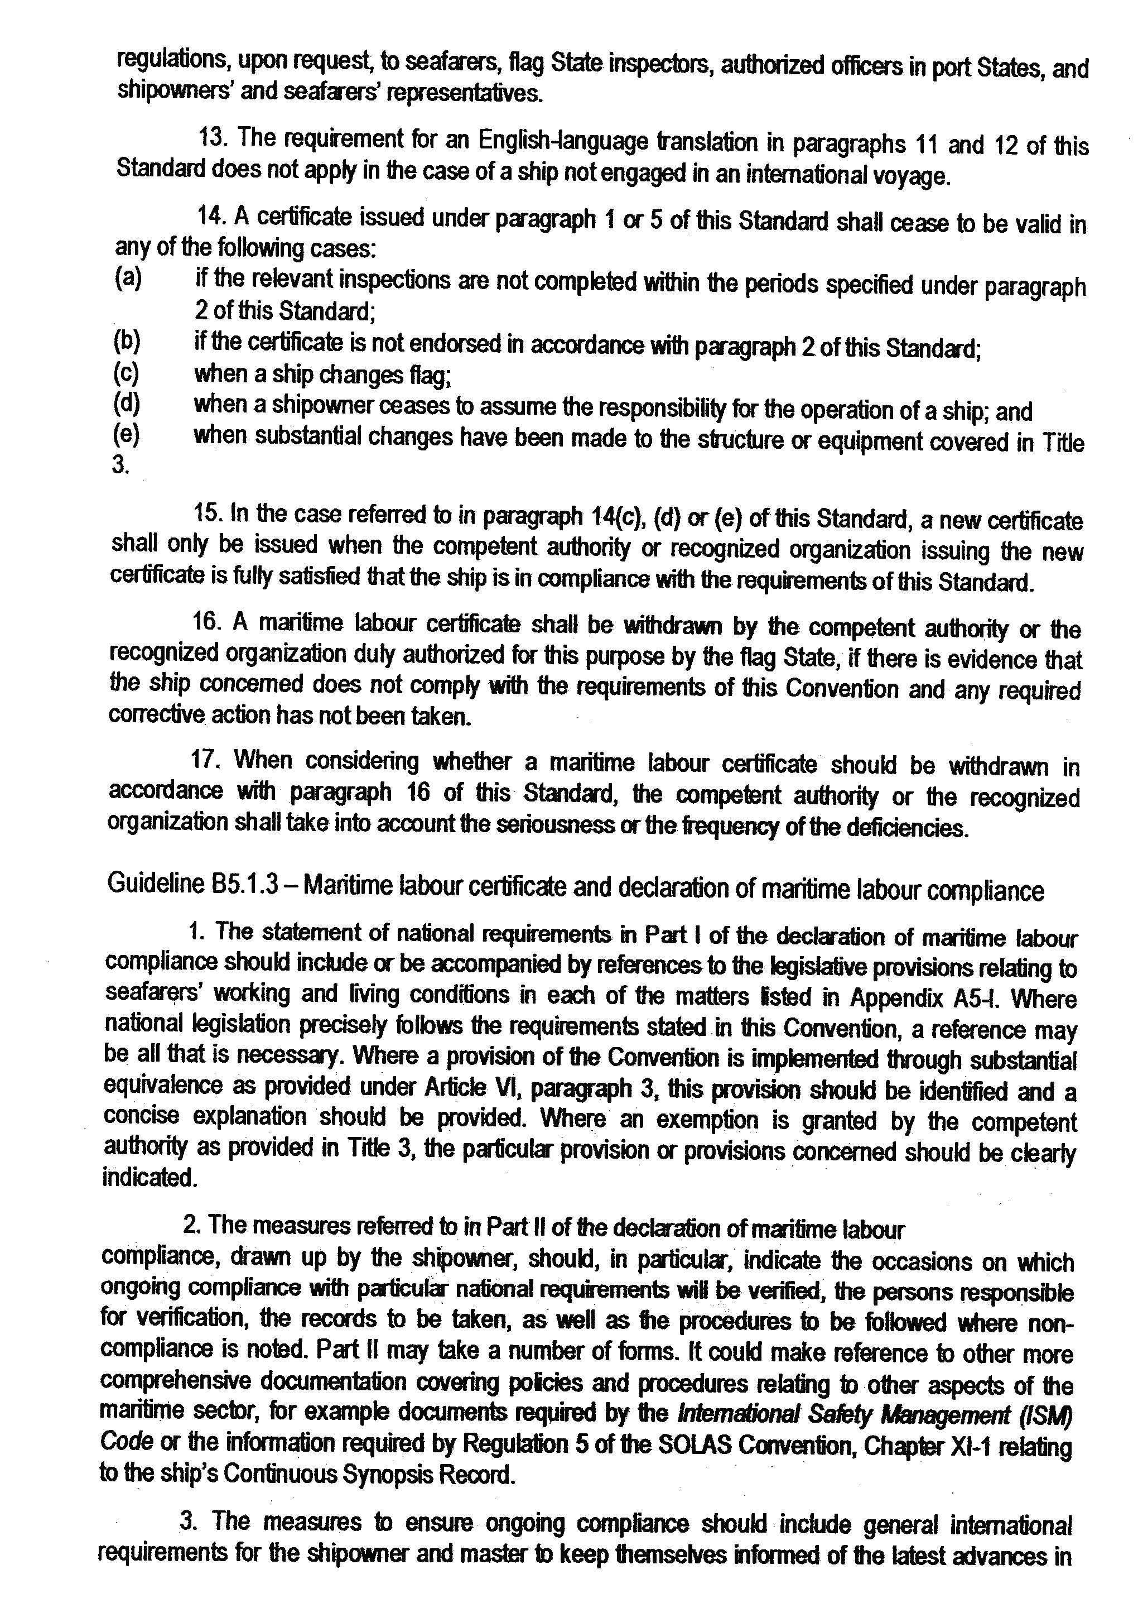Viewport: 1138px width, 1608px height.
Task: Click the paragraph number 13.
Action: (x=211, y=137)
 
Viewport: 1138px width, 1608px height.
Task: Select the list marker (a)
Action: (x=128, y=279)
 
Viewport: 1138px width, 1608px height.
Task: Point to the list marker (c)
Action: (x=126, y=373)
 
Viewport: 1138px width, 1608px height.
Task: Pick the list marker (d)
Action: (x=126, y=405)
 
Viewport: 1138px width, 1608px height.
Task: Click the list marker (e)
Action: (x=126, y=436)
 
